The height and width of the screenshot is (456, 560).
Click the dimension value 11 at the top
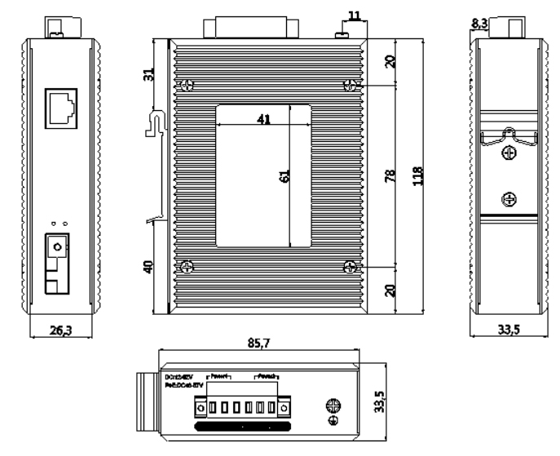click(353, 15)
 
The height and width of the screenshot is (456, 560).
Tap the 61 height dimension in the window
click(284, 175)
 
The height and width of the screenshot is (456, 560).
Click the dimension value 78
click(390, 175)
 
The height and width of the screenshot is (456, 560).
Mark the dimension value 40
click(147, 267)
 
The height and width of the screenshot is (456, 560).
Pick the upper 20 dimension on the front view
click(390, 60)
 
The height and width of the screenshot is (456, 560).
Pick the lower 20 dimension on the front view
click(390, 289)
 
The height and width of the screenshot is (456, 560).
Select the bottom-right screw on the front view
click(351, 266)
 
